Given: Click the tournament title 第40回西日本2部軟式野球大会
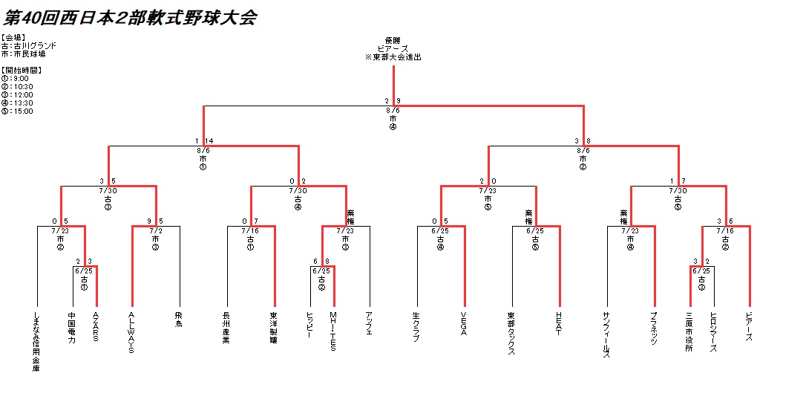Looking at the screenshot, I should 131,18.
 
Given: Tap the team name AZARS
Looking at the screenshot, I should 96,327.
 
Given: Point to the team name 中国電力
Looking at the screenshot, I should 72,327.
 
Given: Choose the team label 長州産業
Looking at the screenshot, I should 226,327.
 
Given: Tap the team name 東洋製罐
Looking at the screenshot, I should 274,327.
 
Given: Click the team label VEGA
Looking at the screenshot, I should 464,323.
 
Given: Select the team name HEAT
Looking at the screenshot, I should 559,323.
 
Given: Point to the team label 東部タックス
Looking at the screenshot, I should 511,332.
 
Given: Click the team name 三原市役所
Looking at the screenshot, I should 689,331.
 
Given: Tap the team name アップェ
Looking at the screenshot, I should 369,325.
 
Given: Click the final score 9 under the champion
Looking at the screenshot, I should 399,101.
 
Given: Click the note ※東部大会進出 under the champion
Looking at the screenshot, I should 393,57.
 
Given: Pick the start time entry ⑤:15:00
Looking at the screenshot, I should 18,111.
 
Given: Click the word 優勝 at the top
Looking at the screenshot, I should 393,40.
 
